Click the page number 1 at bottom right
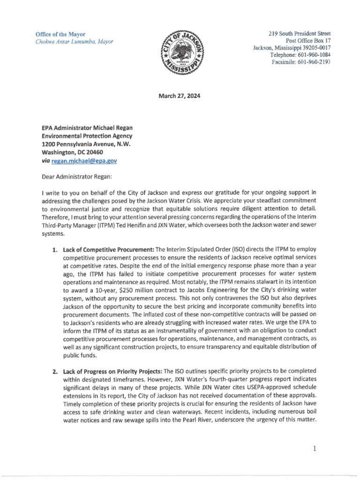315,449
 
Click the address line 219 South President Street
299,34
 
